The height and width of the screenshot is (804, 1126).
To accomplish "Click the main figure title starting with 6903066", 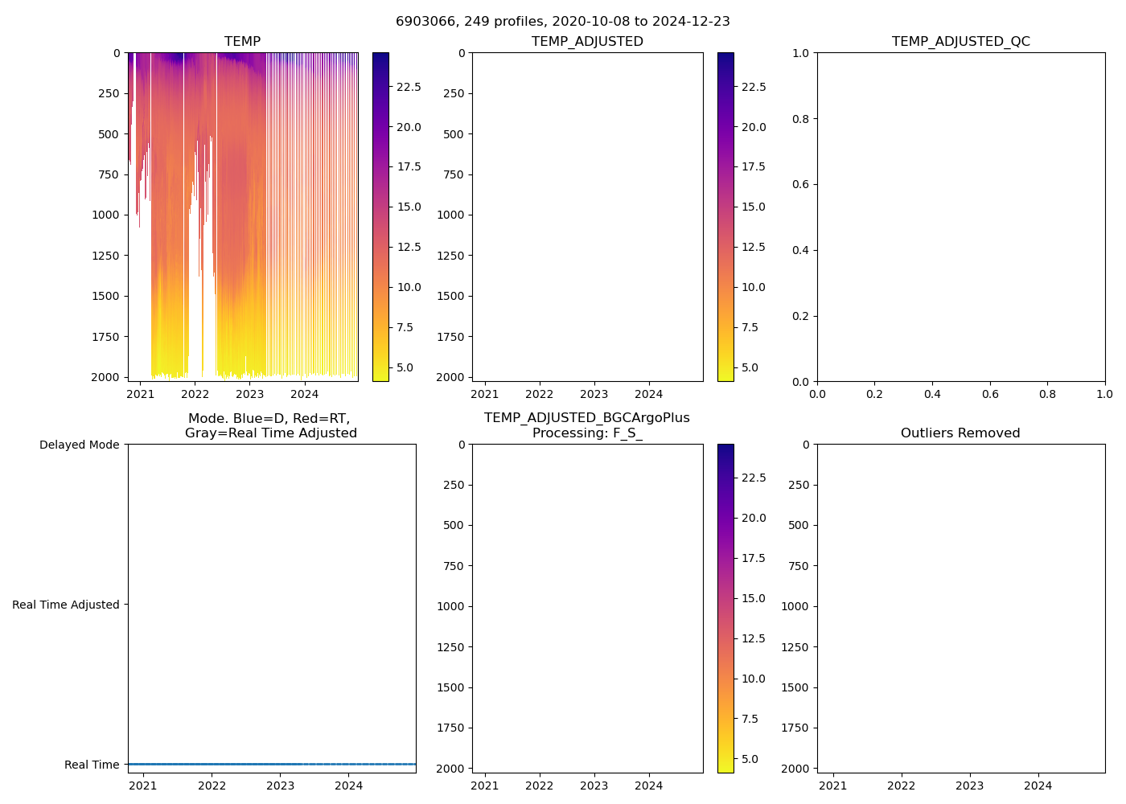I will click(x=563, y=22).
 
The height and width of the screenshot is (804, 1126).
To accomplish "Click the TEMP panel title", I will click(x=242, y=42).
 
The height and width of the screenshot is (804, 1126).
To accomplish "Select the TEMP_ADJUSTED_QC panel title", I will click(x=960, y=42).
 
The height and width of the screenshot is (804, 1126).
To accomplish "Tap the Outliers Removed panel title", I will click(x=960, y=433).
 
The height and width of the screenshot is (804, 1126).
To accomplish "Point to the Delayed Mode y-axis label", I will click(x=79, y=445).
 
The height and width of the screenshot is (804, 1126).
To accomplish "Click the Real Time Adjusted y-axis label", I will click(x=65, y=605).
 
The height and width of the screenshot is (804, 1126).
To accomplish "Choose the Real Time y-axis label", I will click(x=92, y=765).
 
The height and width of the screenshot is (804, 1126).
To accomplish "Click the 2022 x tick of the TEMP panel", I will click(x=195, y=394).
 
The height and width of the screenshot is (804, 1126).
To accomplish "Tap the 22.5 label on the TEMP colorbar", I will click(x=409, y=87).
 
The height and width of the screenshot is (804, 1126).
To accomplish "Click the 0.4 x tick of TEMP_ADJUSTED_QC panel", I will click(x=932, y=394).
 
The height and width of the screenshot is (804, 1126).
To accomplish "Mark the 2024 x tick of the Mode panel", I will click(x=349, y=786).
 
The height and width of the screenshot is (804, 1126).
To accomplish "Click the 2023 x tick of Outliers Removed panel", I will click(x=969, y=786).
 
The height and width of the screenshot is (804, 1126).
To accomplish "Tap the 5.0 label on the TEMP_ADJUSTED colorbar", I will click(x=750, y=367).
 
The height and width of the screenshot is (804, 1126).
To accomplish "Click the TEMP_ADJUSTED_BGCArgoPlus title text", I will click(x=586, y=418).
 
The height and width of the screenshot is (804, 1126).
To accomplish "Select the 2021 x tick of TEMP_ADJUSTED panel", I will click(x=485, y=394).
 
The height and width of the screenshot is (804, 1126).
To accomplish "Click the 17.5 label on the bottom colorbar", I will click(x=753, y=558).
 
